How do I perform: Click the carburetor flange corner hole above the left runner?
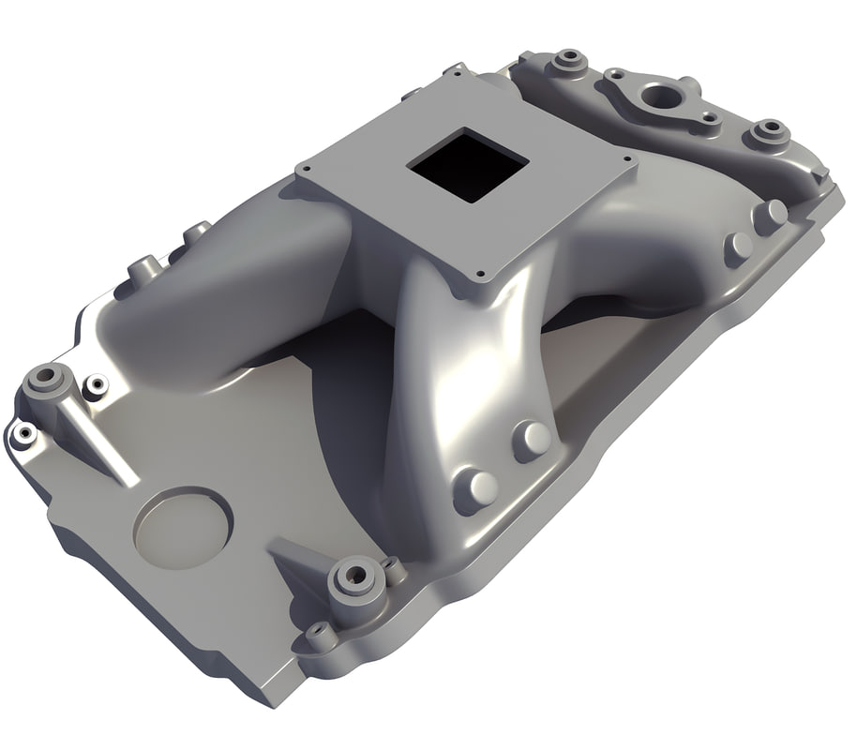tap(306, 169)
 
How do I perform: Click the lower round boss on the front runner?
tap(476, 489)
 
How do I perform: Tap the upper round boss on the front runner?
tap(532, 439)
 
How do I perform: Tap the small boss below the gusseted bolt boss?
tap(321, 637)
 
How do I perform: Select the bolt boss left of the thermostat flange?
tap(567, 62)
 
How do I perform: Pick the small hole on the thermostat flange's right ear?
tap(710, 119)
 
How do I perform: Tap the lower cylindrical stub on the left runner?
tap(143, 271)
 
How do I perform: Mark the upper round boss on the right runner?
tap(771, 215)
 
